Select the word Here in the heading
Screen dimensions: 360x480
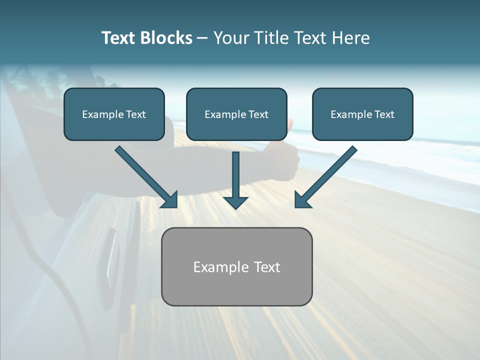[x=352, y=38]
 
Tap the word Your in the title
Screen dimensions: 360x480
[x=230, y=38]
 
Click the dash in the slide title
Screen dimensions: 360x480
[x=202, y=38]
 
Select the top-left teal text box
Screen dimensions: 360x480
[x=114, y=114]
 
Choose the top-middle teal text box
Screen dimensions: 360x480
[x=236, y=114]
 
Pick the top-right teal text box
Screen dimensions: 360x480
[x=362, y=114]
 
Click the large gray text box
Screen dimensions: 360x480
[x=236, y=266]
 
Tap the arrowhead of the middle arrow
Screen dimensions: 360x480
[x=235, y=201]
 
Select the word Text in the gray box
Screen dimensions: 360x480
[x=266, y=267]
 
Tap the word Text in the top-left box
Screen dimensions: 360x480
[x=136, y=114]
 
